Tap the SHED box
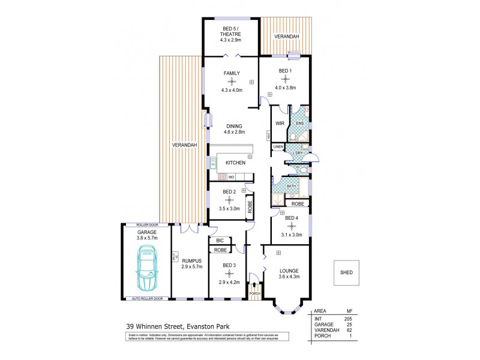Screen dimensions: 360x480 (x=346, y=272)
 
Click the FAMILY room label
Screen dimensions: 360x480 (x=232, y=73)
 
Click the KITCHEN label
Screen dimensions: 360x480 (x=235, y=163)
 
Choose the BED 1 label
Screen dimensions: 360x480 (x=284, y=71)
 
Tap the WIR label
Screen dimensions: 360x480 (x=279, y=124)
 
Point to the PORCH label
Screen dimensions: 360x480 (x=255, y=293)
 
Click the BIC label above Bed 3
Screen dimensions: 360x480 (x=220, y=241)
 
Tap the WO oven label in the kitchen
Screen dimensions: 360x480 (x=232, y=178)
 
